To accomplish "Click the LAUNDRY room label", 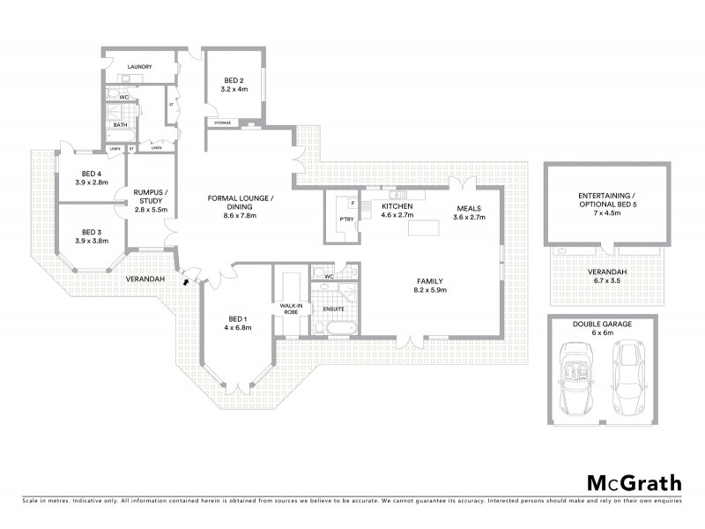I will [x=140, y=67].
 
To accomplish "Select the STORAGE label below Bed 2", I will [x=223, y=123].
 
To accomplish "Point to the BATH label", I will [x=120, y=126].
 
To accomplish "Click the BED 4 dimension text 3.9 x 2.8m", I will [x=92, y=183].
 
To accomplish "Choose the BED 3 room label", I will [x=92, y=230].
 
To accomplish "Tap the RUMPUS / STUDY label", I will [x=151, y=196].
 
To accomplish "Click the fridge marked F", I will [x=352, y=205].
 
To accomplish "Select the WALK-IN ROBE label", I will [x=291, y=309].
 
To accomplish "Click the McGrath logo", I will [x=634, y=482].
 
